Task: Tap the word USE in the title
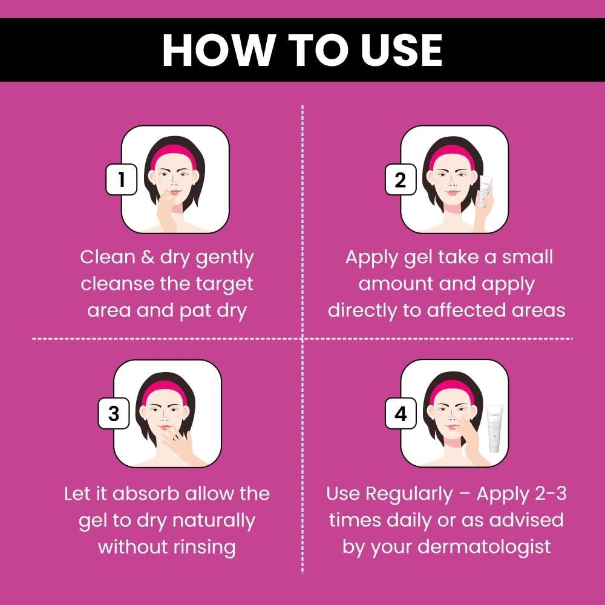pyautogui.click(x=402, y=51)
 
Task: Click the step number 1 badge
pyautogui.click(x=122, y=180)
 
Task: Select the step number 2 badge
pyautogui.click(x=401, y=180)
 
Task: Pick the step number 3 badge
pyautogui.click(x=114, y=413)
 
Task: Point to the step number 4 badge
pyautogui.click(x=401, y=413)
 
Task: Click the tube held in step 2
pyautogui.click(x=485, y=192)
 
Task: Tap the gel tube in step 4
pyautogui.click(x=495, y=428)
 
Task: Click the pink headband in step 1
pyautogui.click(x=173, y=156)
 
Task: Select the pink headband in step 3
pyautogui.click(x=165, y=391)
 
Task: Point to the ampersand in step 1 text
pyautogui.click(x=147, y=257)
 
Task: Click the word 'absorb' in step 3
pyautogui.click(x=146, y=494)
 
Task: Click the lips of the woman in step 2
pyautogui.click(x=452, y=192)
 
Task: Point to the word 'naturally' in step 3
pyautogui.click(x=214, y=521)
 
